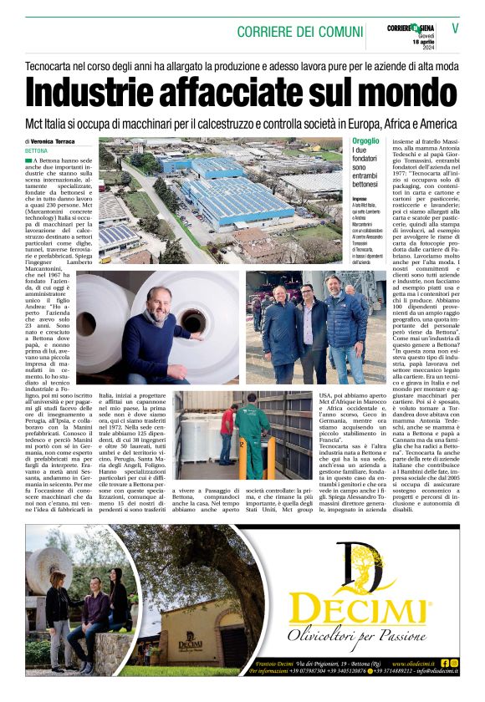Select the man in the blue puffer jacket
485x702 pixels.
point(344,322)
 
